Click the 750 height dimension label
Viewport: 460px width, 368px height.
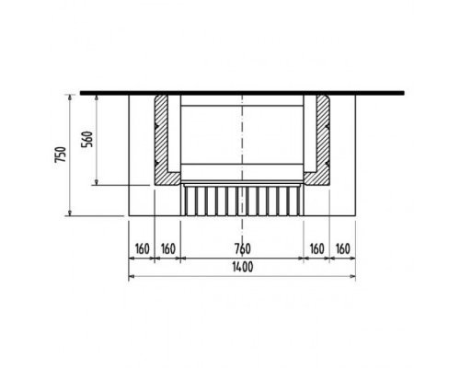61,155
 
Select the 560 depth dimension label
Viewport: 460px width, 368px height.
86,139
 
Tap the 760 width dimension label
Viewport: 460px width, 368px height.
243,248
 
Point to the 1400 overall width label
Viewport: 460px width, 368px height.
243,267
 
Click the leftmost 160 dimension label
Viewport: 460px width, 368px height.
142,248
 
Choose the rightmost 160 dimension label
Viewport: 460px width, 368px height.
342,248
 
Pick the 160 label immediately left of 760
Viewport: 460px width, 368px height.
168,248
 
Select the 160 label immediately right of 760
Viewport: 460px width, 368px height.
316,248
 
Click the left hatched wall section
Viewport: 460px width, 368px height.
161,141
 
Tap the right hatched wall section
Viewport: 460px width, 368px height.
324,141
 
